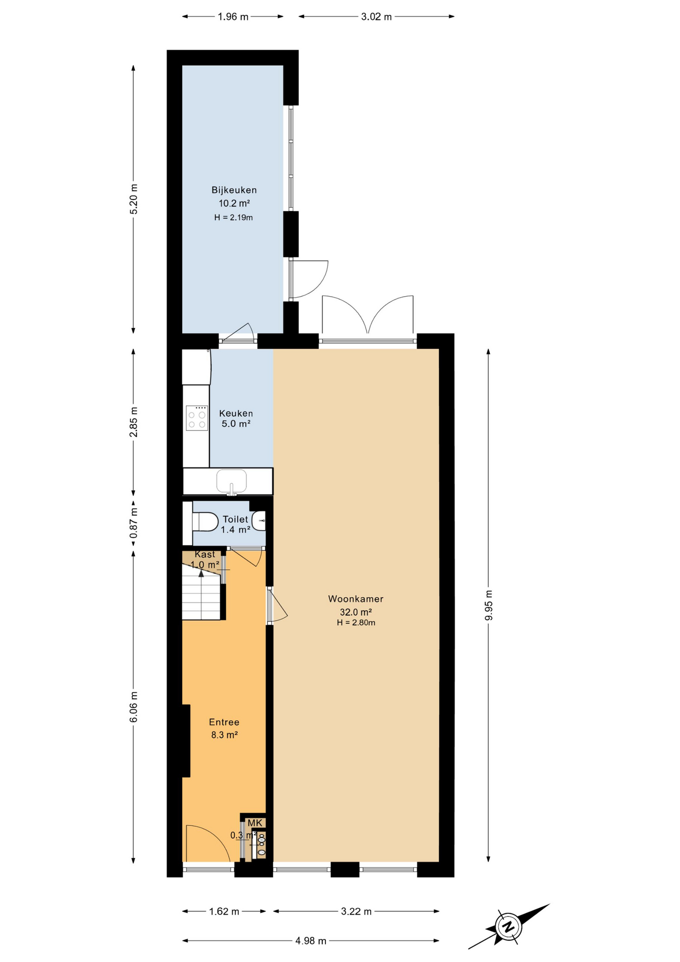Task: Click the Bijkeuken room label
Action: tap(234, 190)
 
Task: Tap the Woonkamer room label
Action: tap(356, 599)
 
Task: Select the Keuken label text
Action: tap(236, 413)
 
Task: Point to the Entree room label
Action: tap(224, 722)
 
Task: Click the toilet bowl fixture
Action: tap(205, 522)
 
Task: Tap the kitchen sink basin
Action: tap(231, 481)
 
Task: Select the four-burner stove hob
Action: tap(197, 418)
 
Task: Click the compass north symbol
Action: tap(509, 926)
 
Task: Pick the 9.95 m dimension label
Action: tap(489, 605)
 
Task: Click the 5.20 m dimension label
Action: tap(134, 199)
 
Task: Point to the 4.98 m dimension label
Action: tap(310, 941)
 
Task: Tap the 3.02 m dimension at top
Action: tap(377, 17)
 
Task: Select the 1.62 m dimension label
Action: tap(224, 911)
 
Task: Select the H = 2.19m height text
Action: tap(233, 217)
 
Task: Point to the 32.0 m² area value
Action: tap(356, 612)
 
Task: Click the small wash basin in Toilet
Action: tap(258, 521)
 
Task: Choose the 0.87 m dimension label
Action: tap(134, 523)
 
